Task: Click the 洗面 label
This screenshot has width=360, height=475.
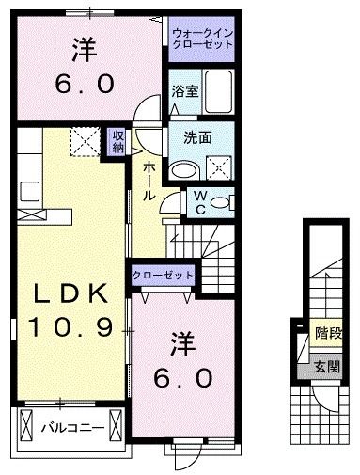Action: pyautogui.click(x=196, y=136)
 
